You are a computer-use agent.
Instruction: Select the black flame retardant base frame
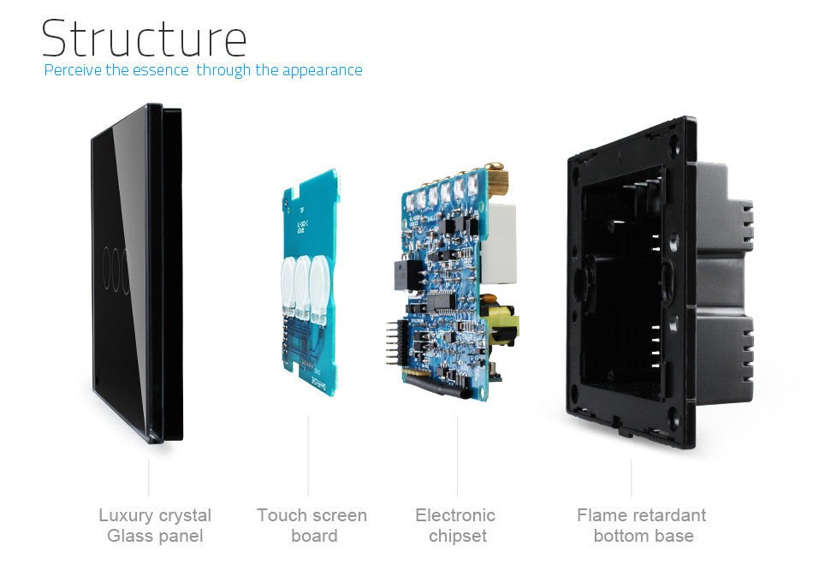click(633, 282)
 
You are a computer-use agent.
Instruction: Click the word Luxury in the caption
click(125, 515)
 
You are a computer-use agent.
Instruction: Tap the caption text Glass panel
click(155, 537)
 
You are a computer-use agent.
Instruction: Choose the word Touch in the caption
click(279, 515)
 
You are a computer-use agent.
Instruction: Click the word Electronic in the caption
click(455, 515)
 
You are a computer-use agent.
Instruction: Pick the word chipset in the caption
click(457, 537)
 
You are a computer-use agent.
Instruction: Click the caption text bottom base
click(644, 537)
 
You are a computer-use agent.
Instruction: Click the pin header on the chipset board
click(395, 342)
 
